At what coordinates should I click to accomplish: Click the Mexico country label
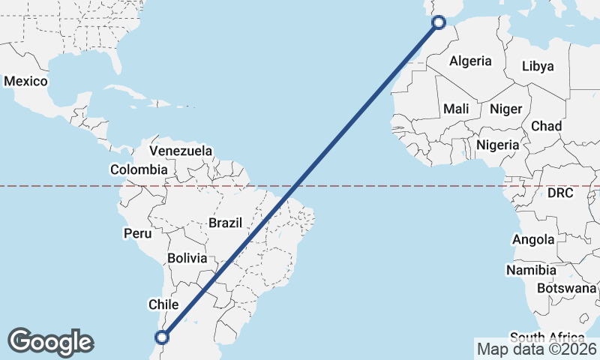tap(26, 81)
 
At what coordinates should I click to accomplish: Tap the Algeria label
tap(470, 61)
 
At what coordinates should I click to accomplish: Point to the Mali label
tap(456, 109)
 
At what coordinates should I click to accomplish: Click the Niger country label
tap(505, 109)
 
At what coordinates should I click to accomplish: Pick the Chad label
tap(546, 126)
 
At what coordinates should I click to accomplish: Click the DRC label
tap(559, 193)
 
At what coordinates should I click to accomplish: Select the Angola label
tap(532, 240)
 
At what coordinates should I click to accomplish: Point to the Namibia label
tap(531, 270)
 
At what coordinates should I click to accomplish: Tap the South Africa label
tap(546, 337)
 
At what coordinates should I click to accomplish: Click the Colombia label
tap(139, 170)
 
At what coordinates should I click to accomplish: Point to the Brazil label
tap(226, 223)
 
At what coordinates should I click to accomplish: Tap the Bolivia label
tap(187, 258)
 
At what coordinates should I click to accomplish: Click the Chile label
tap(163, 304)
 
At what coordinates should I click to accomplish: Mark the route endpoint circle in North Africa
tap(439, 23)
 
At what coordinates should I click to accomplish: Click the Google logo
tap(50, 341)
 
